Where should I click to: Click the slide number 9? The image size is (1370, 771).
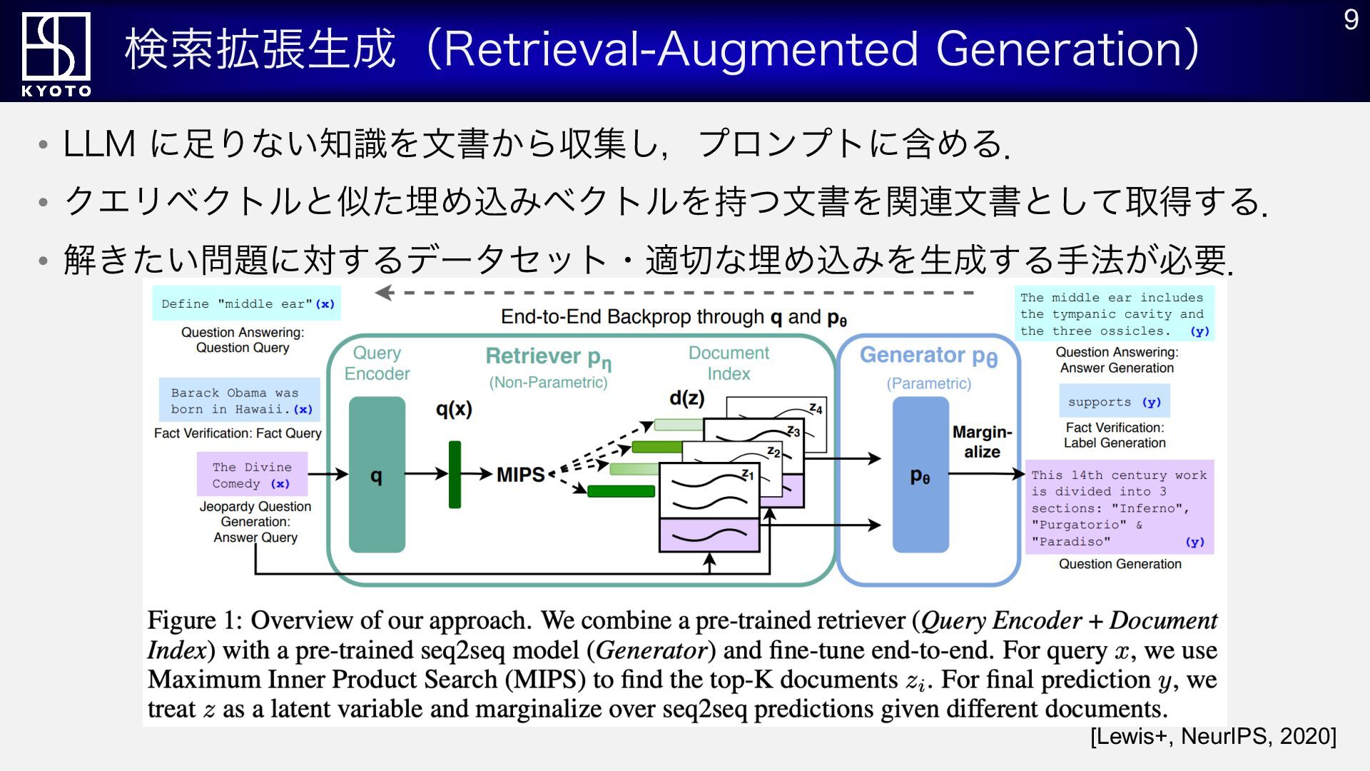(1350, 20)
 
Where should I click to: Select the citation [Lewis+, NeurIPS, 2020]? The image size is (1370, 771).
(1213, 736)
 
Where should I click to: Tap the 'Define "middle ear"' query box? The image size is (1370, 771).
(247, 303)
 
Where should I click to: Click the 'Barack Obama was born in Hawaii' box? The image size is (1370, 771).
(240, 400)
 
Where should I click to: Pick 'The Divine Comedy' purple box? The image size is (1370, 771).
(252, 475)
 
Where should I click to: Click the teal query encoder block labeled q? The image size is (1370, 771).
(377, 475)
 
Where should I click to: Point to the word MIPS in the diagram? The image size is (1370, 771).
(520, 475)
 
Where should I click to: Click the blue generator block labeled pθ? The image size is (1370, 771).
(920, 475)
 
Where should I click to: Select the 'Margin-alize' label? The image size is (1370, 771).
(982, 442)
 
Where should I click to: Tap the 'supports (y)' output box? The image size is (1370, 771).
(1114, 402)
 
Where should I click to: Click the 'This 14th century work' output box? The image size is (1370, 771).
(1119, 508)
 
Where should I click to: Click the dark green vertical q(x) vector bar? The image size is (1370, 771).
(455, 475)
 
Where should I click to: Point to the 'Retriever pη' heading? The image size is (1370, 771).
(548, 357)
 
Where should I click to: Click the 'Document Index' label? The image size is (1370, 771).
(729, 363)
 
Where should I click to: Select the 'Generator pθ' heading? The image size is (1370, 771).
(928, 356)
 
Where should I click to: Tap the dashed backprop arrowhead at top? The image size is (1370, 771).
(384, 293)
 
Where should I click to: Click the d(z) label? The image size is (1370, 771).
(686, 398)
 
